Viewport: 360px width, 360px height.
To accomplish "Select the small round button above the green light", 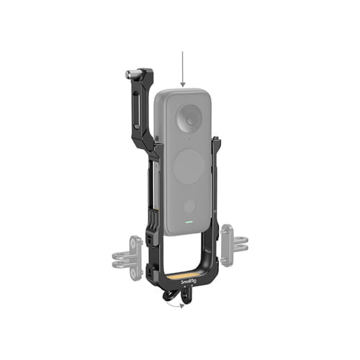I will point(189,207).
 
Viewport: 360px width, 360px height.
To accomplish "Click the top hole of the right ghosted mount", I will point(227,230).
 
